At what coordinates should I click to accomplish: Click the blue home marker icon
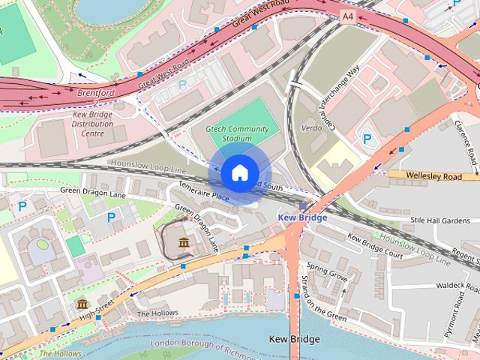(x=239, y=172)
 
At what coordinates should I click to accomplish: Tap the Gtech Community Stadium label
(x=238, y=133)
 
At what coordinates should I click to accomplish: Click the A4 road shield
(x=347, y=15)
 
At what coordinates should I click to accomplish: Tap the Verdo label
(x=311, y=128)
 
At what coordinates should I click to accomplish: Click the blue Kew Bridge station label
(x=302, y=217)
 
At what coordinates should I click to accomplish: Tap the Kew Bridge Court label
(x=375, y=246)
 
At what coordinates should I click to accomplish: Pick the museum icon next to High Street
(x=82, y=304)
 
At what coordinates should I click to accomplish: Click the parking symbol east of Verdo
(x=367, y=139)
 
